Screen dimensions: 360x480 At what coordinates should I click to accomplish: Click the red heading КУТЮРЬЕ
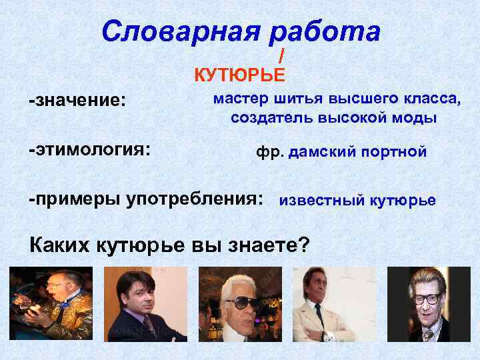click(x=239, y=74)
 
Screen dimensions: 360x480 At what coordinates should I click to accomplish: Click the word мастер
click(x=241, y=100)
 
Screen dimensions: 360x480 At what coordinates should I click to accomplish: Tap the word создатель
click(x=271, y=119)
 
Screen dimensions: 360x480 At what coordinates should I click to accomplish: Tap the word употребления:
click(x=193, y=199)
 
